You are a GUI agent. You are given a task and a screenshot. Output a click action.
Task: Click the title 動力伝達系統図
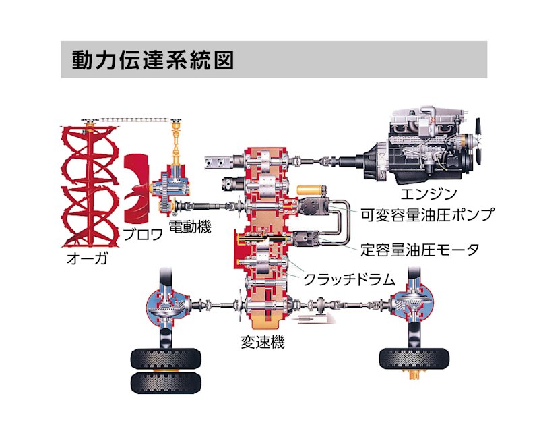pyautogui.click(x=153, y=59)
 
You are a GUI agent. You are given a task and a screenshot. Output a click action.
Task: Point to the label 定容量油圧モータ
pyautogui.click(x=420, y=250)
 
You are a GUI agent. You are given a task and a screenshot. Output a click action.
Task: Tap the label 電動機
pyautogui.click(x=189, y=226)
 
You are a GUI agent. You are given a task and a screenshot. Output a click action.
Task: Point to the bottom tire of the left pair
pyautogui.click(x=165, y=383)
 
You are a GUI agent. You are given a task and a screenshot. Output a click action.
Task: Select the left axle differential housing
pyautogui.click(x=166, y=304)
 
